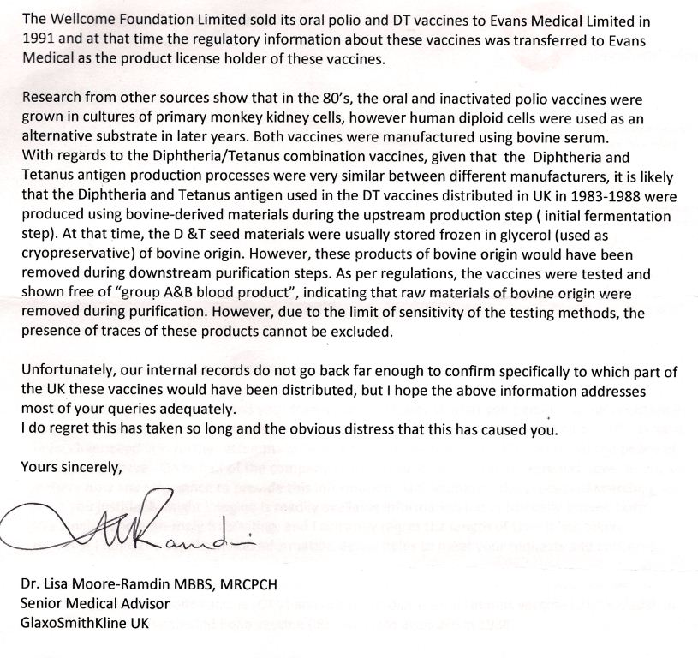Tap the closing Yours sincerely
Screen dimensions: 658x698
(58, 469)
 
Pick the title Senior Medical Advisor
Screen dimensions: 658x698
(94, 604)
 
